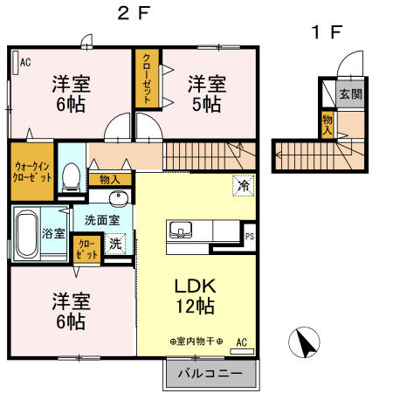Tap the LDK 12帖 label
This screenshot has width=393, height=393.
197,297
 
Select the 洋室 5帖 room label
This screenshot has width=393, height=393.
207,93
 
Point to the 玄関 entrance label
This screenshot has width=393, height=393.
350,93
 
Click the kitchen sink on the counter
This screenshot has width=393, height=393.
182,231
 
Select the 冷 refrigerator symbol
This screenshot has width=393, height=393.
244,185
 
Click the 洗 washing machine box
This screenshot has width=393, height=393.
115,245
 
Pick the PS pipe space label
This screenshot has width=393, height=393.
250,235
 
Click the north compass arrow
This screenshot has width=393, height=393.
304,341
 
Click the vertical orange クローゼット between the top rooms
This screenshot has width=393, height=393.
148,79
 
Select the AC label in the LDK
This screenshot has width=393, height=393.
240,341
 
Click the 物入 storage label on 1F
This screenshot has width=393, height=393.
327,123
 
